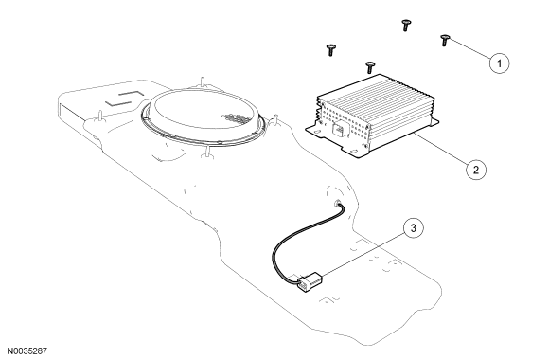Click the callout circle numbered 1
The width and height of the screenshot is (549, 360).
point(499,63)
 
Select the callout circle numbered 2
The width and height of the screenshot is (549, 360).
point(476,170)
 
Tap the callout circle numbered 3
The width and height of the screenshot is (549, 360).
point(413,228)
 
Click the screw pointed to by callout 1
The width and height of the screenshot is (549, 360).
point(444,41)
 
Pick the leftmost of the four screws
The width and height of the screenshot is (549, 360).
point(331,50)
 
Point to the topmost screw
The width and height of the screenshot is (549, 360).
point(406,26)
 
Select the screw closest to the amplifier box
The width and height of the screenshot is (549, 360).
point(370,67)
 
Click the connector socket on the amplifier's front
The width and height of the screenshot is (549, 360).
point(338,130)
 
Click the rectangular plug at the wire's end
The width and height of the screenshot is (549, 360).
point(310,281)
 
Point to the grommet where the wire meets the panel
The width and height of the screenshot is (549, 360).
point(338,203)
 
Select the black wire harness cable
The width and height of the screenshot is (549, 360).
point(297,242)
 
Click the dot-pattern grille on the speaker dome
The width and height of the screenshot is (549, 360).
point(234,117)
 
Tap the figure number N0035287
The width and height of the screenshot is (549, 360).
point(27,351)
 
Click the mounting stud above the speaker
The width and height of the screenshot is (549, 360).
point(203,81)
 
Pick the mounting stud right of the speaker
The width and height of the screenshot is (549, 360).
point(275,120)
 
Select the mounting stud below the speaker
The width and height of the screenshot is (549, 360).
point(207,153)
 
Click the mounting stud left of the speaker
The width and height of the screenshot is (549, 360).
point(100,116)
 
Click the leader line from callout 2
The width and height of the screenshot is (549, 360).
point(440,149)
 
